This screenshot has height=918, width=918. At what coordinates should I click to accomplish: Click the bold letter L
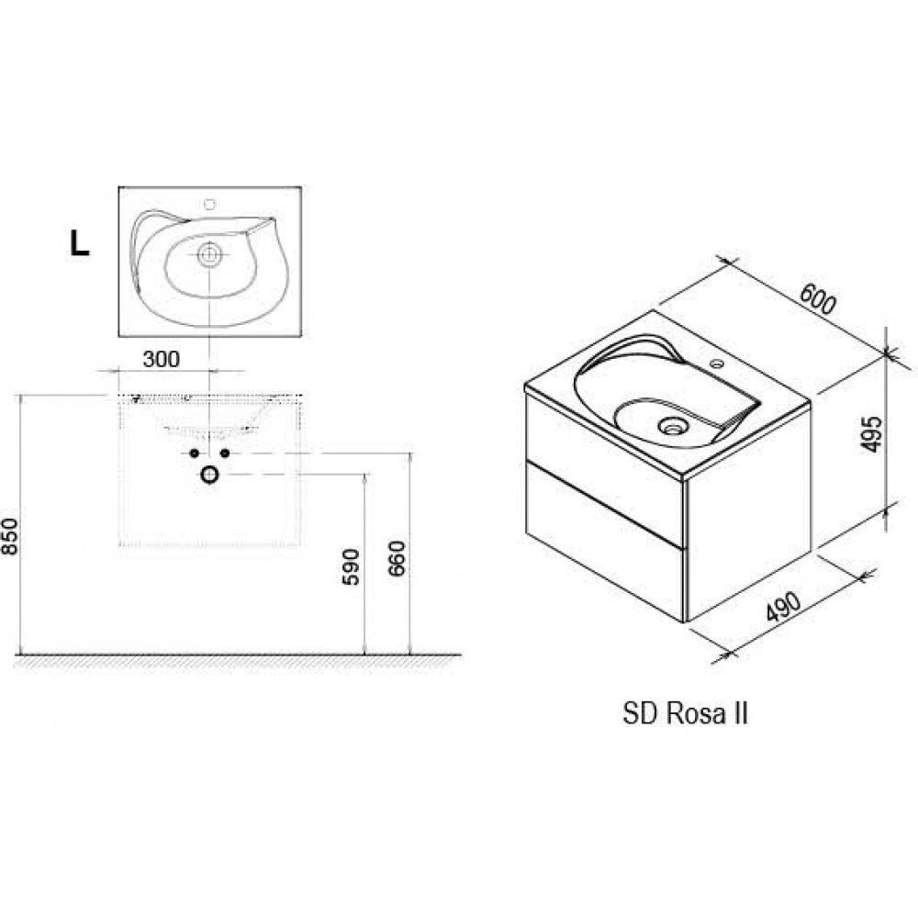click(x=80, y=243)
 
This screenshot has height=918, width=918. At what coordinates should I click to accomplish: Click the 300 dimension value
click(x=161, y=360)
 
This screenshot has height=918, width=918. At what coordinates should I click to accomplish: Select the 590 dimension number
click(x=351, y=566)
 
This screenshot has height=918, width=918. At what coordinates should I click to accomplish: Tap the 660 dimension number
click(x=397, y=559)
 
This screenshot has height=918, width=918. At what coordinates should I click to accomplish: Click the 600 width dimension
click(x=818, y=298)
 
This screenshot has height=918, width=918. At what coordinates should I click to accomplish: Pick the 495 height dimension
click(x=872, y=434)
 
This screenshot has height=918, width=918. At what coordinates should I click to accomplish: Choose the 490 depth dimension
click(x=783, y=606)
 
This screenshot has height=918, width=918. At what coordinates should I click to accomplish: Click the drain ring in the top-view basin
click(x=209, y=254)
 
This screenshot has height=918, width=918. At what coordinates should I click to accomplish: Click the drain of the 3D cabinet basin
click(x=672, y=425)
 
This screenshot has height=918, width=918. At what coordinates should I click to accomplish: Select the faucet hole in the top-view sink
click(x=210, y=204)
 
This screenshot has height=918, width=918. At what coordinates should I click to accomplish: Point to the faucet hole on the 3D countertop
click(x=716, y=364)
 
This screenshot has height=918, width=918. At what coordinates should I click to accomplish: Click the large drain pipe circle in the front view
click(x=209, y=475)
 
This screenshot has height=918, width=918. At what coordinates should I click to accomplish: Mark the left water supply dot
click(x=194, y=453)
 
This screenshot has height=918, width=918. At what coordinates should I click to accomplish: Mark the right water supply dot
click(x=224, y=453)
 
